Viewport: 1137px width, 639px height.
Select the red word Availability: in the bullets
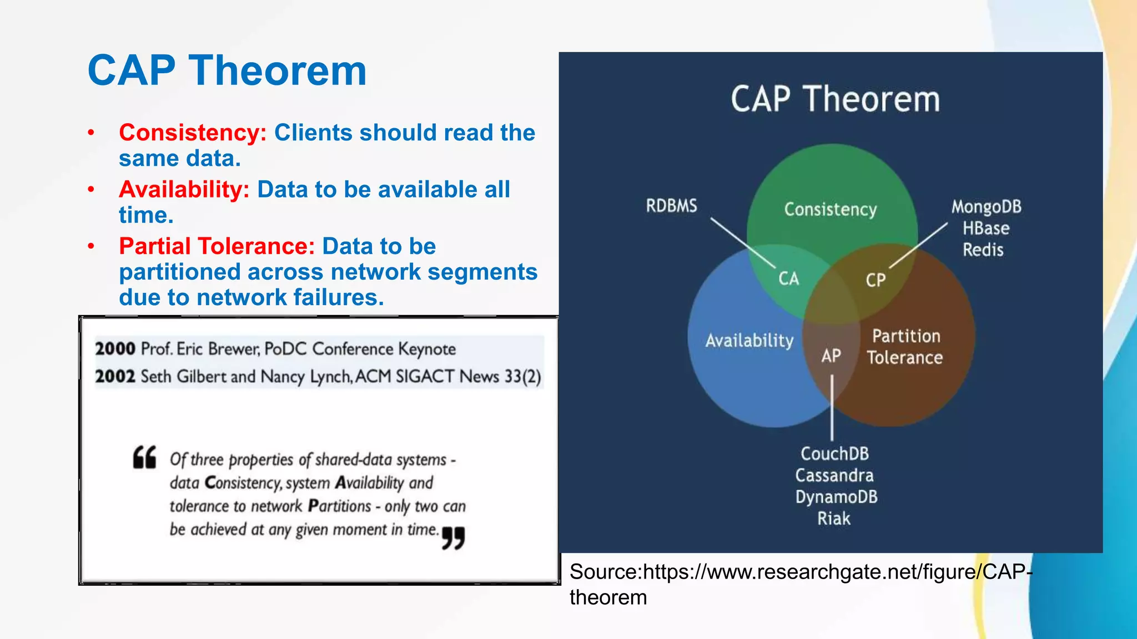pyautogui.click(x=184, y=190)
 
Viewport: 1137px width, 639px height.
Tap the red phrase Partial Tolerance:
pyautogui.click(x=217, y=246)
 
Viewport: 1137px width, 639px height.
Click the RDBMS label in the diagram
pyautogui.click(x=671, y=206)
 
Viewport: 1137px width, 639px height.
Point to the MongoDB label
pyautogui.click(x=986, y=207)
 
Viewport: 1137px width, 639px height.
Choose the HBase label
pyautogui.click(x=986, y=229)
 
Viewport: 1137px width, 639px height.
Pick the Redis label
pyautogui.click(x=983, y=250)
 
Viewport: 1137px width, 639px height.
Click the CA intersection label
pyautogui.click(x=788, y=278)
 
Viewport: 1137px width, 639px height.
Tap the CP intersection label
pyautogui.click(x=876, y=280)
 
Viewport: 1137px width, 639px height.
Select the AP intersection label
pyautogui.click(x=831, y=356)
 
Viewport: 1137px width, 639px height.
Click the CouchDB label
pyautogui.click(x=834, y=454)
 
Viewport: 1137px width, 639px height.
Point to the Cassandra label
pyautogui.click(x=834, y=475)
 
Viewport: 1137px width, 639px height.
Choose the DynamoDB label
pyautogui.click(x=836, y=497)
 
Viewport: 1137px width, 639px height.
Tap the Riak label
pyautogui.click(x=833, y=519)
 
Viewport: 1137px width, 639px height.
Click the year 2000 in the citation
pyautogui.click(x=115, y=349)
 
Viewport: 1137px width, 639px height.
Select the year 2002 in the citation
pyautogui.click(x=115, y=377)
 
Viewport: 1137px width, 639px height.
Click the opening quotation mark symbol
pyautogui.click(x=144, y=457)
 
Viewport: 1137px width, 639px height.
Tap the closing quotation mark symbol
pyautogui.click(x=453, y=538)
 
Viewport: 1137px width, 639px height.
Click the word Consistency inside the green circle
pyautogui.click(x=830, y=210)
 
